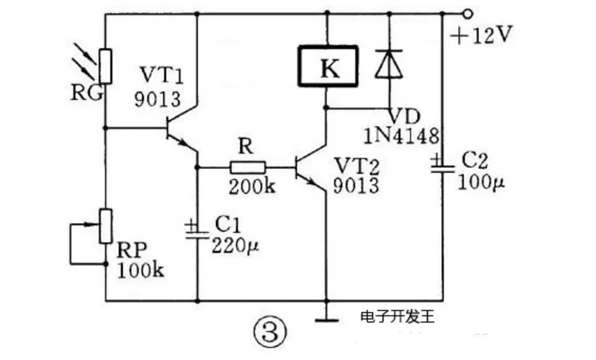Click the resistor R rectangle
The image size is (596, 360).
[248, 167]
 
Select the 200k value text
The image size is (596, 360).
[251, 185]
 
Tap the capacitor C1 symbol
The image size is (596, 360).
[197, 230]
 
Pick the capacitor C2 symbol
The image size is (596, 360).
[443, 165]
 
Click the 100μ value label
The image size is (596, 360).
[480, 182]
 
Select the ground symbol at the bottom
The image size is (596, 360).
[325, 320]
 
